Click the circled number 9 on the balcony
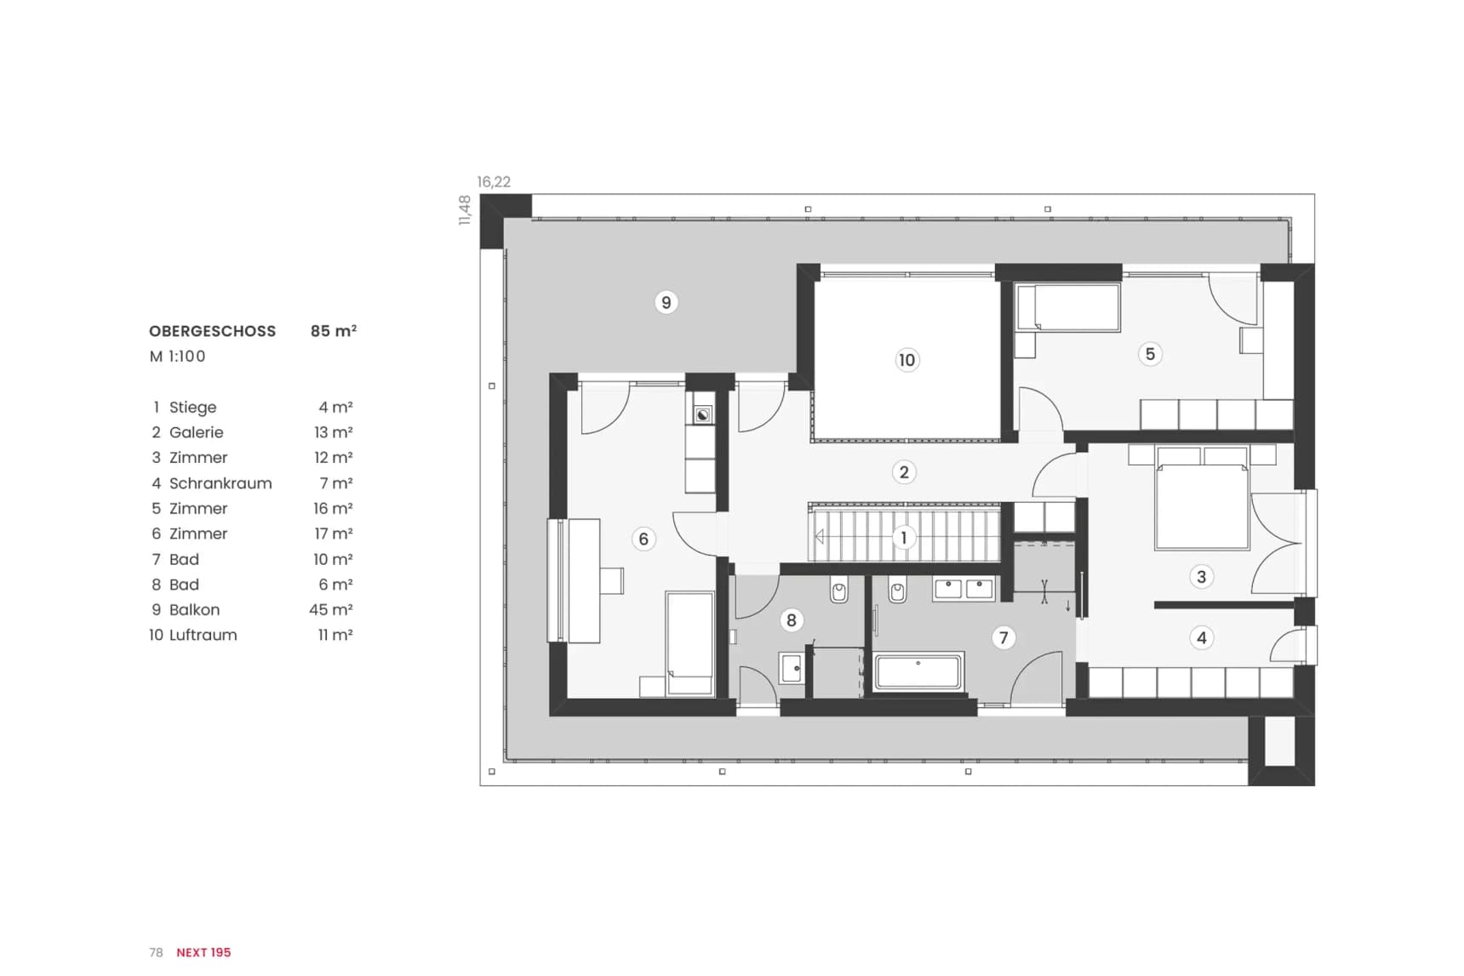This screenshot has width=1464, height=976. point(666,302)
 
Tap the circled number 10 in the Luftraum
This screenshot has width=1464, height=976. point(907,360)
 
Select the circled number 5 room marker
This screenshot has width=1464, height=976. point(1150,354)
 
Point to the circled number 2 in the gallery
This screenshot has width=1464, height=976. point(904,472)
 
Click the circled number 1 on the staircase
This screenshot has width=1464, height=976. point(904,538)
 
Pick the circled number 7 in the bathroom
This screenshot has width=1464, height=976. point(1004,637)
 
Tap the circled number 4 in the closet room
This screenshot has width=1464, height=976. point(1202,637)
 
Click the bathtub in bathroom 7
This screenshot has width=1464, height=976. point(919,671)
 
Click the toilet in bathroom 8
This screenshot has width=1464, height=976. point(839,589)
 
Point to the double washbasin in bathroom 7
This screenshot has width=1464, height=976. point(964,589)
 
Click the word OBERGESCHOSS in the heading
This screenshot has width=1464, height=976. point(213,331)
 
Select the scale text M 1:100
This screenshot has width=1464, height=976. point(178,357)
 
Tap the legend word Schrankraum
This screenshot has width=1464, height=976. point(220,483)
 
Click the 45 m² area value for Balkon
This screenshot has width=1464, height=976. point(331,609)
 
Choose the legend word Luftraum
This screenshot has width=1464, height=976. point(203,635)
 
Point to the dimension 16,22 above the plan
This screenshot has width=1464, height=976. point(494,181)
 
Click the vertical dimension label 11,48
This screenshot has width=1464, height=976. point(465,210)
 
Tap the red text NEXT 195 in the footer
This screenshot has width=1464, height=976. point(203,952)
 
